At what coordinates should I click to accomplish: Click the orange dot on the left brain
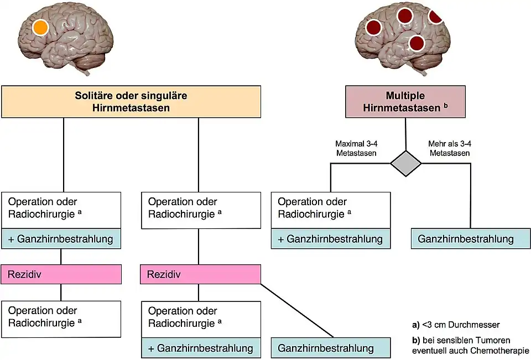(x=40, y=27)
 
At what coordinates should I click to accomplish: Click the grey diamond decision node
(x=406, y=163)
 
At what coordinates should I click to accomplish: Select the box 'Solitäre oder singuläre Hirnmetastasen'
(x=131, y=102)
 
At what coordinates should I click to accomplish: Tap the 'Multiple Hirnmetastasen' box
(x=405, y=102)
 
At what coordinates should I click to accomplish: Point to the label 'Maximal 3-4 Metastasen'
(x=356, y=148)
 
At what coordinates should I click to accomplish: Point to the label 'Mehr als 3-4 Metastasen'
(x=450, y=148)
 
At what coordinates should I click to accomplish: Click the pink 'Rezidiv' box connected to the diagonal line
(x=200, y=274)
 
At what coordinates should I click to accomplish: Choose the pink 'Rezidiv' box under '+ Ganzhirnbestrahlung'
(x=61, y=274)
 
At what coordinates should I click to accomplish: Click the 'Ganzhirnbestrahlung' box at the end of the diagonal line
(x=331, y=348)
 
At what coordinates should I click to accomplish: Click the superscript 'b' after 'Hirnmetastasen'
(x=445, y=105)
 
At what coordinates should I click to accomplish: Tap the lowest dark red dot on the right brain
(x=417, y=42)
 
